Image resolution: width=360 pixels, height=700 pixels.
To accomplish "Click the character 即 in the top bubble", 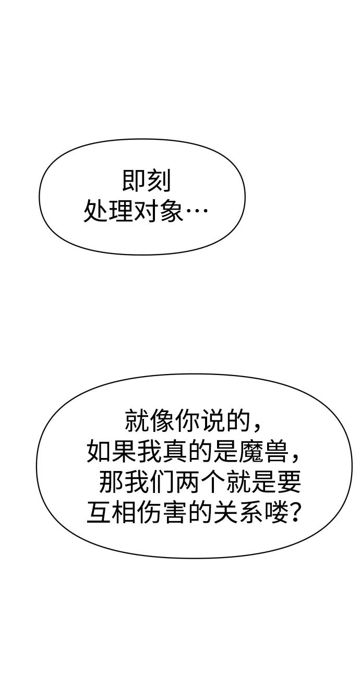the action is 133,180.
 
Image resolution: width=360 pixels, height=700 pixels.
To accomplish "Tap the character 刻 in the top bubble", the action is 159,180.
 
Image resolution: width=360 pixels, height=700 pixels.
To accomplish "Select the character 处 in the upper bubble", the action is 95,211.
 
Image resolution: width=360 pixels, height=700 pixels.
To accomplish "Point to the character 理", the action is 121,211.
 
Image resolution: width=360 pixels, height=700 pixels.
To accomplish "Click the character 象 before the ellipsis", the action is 171,211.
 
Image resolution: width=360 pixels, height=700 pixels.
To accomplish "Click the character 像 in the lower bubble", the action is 162,420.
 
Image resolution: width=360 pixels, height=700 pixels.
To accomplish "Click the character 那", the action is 111,481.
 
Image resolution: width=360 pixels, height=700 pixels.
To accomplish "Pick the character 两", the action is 187,481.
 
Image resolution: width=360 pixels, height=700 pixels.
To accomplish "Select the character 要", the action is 288,481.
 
